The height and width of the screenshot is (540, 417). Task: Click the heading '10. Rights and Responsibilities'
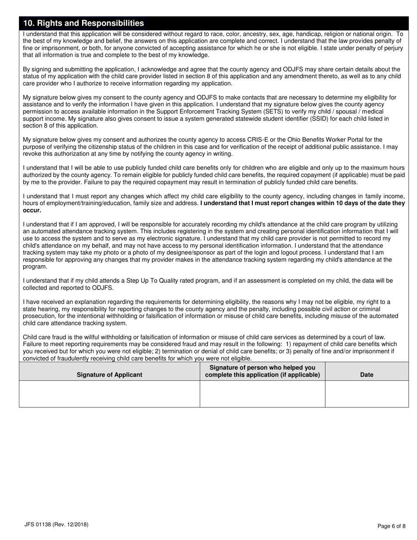83,23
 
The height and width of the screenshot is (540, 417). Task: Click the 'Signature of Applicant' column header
109,374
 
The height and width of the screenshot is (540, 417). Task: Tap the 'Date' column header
367,374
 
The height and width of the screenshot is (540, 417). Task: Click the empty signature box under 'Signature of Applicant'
109,394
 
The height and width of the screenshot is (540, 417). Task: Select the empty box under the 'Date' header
367,394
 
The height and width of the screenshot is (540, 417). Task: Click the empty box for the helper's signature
262,394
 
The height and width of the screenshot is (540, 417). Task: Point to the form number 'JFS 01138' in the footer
38,524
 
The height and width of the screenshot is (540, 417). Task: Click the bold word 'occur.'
32,210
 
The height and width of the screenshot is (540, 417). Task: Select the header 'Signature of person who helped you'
262,367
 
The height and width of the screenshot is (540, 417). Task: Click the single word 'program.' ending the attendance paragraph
35,266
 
